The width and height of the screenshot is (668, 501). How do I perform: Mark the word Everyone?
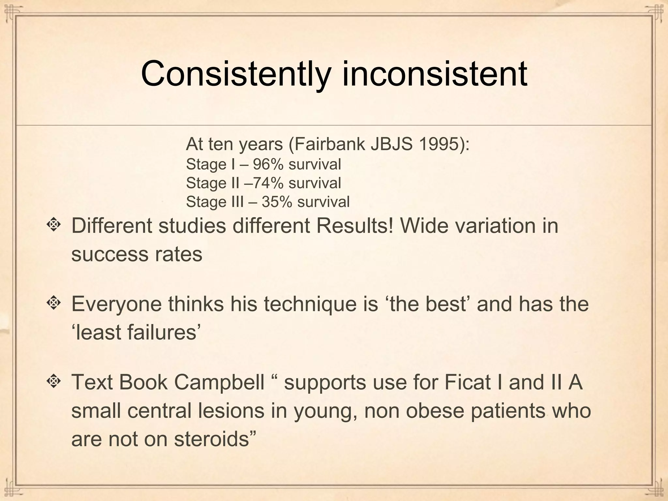pos(116,304)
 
